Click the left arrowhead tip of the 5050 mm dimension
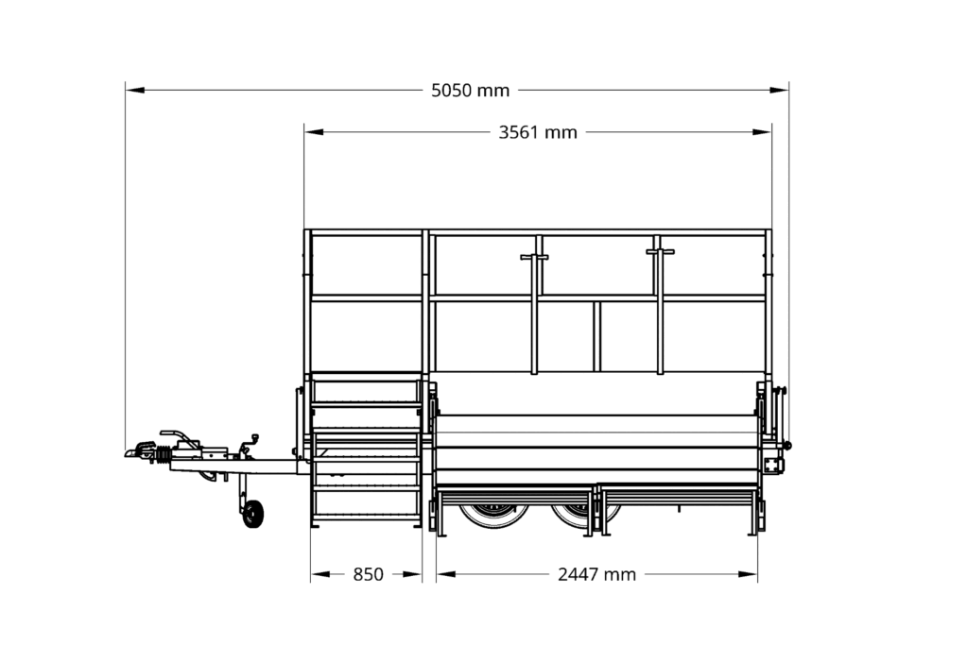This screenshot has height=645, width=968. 126,90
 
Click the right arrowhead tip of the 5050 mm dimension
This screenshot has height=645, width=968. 788,90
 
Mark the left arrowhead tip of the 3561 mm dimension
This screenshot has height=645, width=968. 304,132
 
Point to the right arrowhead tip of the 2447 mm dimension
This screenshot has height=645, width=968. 757,574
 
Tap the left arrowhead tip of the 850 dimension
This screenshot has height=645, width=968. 311,574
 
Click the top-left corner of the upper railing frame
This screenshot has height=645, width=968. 304,230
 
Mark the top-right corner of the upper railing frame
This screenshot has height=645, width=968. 771,230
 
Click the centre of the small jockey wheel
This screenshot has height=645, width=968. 253,514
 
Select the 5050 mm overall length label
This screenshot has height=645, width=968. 471,91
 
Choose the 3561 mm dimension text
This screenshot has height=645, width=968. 538,132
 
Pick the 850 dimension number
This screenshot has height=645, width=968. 368,575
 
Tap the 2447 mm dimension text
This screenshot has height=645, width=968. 596,575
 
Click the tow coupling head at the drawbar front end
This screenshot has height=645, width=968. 140,450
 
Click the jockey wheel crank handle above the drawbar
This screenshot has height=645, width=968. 250,444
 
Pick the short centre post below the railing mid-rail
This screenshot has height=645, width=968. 597,336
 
